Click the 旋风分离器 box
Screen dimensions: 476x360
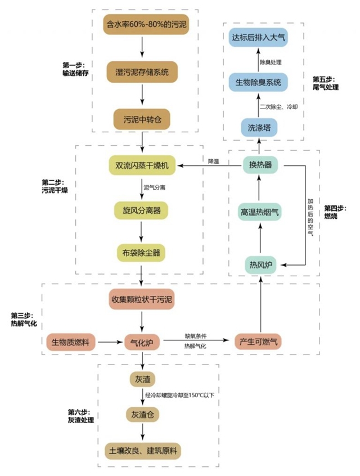click(x=142, y=210)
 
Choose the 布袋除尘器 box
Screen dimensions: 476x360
click(x=142, y=252)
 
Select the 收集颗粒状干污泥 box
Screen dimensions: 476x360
click(x=142, y=299)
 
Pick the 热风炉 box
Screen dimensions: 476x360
click(x=260, y=264)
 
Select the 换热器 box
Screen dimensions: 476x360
click(x=260, y=165)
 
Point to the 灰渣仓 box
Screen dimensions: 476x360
click(x=142, y=415)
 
